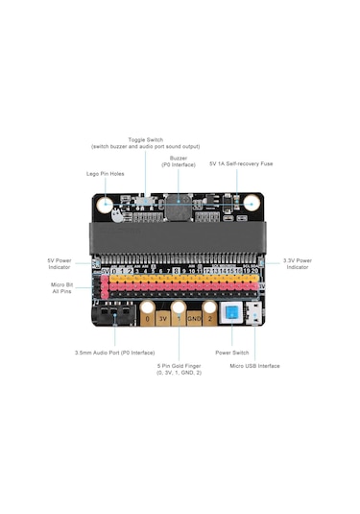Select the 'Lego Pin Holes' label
[x=104, y=174]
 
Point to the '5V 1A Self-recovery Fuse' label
[x=241, y=163]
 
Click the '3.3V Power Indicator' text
[x=297, y=263]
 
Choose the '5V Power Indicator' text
[x=60, y=263]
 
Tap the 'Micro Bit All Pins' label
[x=61, y=287]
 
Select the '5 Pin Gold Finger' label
[x=180, y=368]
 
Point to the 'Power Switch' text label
[x=231, y=353]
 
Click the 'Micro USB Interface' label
[x=254, y=365]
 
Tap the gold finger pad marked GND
[x=194, y=315]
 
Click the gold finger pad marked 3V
[x=163, y=315]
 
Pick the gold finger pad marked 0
[x=148, y=315]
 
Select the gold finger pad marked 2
[x=210, y=315]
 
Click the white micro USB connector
[x=253, y=314]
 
